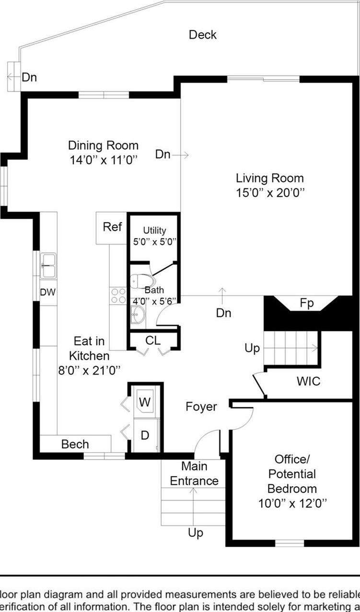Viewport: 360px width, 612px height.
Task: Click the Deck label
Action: pyautogui.click(x=202, y=35)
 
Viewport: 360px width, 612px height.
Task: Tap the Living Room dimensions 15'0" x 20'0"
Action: pyautogui.click(x=270, y=193)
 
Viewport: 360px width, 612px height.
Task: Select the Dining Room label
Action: pyautogui.click(x=103, y=145)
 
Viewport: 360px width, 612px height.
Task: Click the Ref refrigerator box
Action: pyautogui.click(x=112, y=227)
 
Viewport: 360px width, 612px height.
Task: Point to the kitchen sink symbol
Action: pyautogui.click(x=48, y=265)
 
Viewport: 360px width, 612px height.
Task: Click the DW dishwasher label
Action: pyautogui.click(x=47, y=292)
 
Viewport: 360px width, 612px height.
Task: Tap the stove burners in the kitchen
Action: pyautogui.click(x=118, y=295)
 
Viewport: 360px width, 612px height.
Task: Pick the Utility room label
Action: pyautogui.click(x=154, y=231)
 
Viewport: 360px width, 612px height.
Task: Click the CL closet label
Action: pyautogui.click(x=153, y=341)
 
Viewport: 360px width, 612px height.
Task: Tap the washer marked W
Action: pyautogui.click(x=145, y=401)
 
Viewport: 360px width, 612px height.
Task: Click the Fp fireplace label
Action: pyautogui.click(x=307, y=303)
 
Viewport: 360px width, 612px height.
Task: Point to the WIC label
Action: pyautogui.click(x=308, y=382)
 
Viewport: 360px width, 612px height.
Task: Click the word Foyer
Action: pyautogui.click(x=201, y=407)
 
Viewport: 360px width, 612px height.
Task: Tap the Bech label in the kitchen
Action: pyautogui.click(x=75, y=444)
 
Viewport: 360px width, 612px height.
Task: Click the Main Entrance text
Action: pyautogui.click(x=194, y=473)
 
